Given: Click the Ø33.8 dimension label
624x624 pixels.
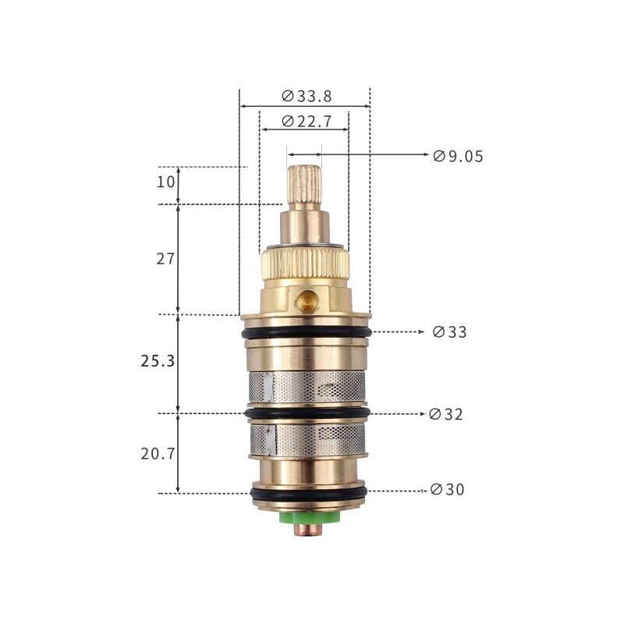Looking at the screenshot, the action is click(307, 96).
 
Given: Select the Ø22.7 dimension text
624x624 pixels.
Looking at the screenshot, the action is click(307, 121).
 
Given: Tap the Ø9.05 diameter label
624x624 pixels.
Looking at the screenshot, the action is click(458, 156).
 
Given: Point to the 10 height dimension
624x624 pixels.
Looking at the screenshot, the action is click(165, 183).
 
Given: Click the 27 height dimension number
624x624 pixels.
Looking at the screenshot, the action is click(165, 259).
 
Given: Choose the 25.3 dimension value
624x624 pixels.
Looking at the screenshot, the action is click(158, 361).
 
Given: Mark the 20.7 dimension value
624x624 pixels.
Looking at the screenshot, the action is click(158, 453).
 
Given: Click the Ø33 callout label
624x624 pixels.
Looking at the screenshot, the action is click(450, 332).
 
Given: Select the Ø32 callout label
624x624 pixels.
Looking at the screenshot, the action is click(446, 414).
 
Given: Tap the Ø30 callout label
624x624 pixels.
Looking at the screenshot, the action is click(447, 489).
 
